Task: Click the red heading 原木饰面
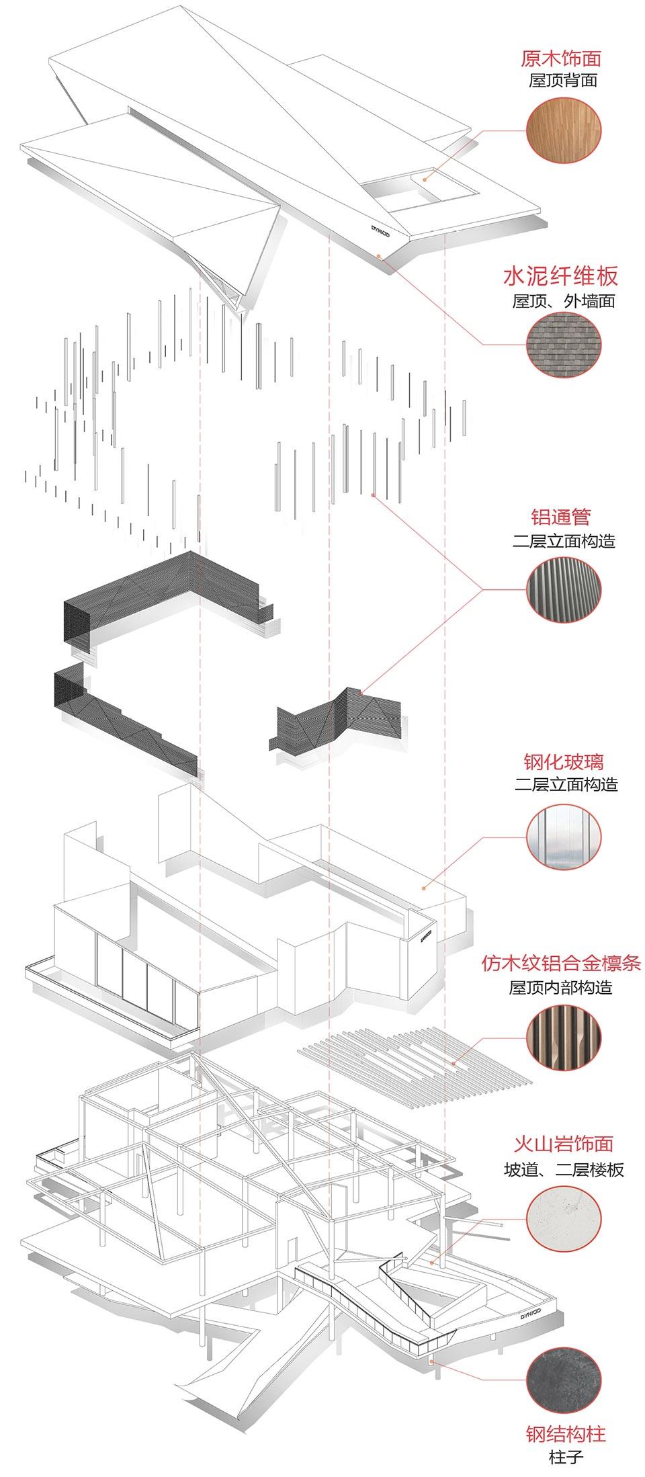click(x=561, y=58)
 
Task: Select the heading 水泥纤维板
click(x=561, y=276)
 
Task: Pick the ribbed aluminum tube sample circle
click(x=564, y=589)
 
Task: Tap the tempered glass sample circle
click(x=564, y=837)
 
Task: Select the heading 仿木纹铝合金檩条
click(x=561, y=964)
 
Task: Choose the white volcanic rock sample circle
click(x=564, y=1220)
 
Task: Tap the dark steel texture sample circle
click(x=564, y=1361)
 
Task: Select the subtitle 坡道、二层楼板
click(x=564, y=1170)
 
